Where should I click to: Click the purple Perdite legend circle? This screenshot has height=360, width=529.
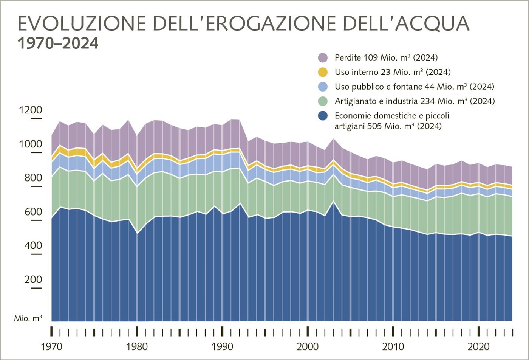coord(322,58)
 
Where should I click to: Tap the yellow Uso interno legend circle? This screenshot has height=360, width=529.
coord(322,72)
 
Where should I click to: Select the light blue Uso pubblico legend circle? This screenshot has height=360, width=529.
coord(322,87)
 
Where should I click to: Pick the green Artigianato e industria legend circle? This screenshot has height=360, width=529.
coord(322,101)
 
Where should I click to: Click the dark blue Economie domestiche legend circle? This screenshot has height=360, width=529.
coord(322,116)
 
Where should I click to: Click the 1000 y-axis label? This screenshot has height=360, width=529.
coord(31,144)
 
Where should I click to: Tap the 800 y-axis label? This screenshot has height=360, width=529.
coord(31,178)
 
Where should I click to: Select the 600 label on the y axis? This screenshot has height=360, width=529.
coord(31,212)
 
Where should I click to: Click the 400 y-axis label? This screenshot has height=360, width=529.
coord(31,246)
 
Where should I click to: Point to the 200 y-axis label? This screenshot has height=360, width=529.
coord(31,279)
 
